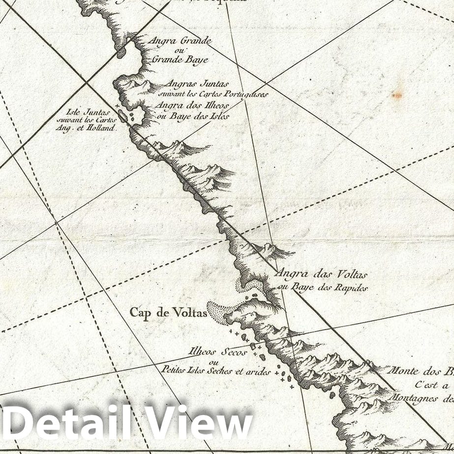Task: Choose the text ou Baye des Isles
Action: pos(192,116)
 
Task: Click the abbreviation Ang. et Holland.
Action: pos(86,127)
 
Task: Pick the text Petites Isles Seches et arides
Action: pos(216,372)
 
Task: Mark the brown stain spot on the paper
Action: pos(397,94)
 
